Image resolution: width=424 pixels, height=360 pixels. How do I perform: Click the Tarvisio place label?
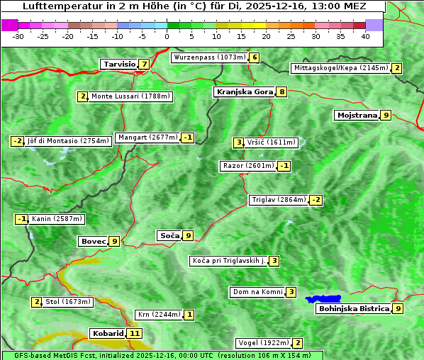[119, 64]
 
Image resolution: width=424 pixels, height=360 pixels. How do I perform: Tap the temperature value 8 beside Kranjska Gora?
[281, 91]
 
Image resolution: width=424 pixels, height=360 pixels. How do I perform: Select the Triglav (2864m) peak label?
[279, 200]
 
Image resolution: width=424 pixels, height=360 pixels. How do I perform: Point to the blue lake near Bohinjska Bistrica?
[323, 299]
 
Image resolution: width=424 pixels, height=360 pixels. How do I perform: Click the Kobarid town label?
[108, 333]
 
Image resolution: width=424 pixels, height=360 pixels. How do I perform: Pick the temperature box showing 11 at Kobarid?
[135, 333]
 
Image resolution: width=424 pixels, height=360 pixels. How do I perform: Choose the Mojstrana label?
[357, 115]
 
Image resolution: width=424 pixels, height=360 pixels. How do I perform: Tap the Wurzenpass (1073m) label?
[209, 57]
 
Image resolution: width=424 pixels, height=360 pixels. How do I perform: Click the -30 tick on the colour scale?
[18, 35]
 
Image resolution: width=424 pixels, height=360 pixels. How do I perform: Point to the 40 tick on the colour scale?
[365, 35]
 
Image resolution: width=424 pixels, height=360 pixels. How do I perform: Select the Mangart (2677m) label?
[147, 137]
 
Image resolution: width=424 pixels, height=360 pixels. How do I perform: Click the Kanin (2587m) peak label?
[57, 219]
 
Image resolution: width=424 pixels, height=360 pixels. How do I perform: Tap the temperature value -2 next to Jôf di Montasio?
[17, 141]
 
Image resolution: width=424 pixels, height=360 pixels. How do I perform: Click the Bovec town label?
[93, 241]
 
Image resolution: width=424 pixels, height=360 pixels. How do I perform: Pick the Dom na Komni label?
[257, 292]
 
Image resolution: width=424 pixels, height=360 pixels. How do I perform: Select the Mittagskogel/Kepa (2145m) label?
[340, 68]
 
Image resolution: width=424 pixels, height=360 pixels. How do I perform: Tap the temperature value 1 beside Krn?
[189, 314]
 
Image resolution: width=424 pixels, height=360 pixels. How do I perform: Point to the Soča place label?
[169, 235]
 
